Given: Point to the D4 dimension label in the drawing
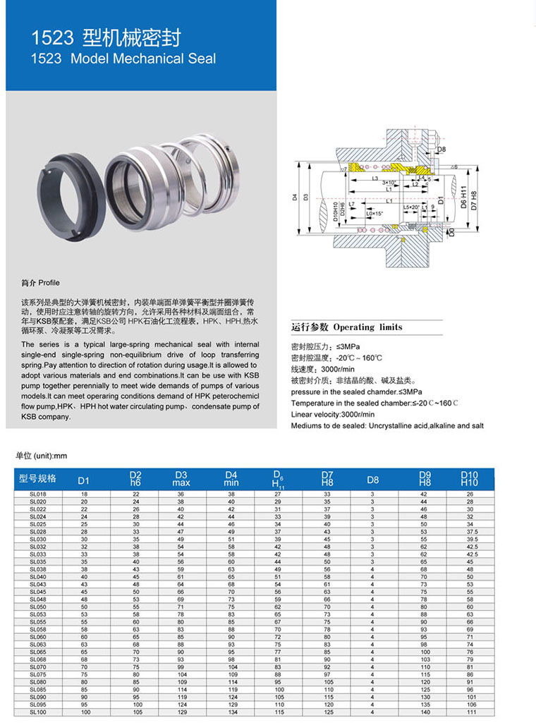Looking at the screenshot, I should pos(296,198).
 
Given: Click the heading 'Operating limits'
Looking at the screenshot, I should pos(367,327).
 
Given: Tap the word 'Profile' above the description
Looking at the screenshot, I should pos(49,282).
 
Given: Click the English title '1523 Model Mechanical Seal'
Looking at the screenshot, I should pos(124,59).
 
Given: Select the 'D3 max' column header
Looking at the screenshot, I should pos(181,479).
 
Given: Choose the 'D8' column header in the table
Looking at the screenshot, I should pos(373,480).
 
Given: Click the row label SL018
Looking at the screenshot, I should pos(38,494).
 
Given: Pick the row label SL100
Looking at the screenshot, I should pos(38,712).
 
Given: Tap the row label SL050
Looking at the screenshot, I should pos(38,606).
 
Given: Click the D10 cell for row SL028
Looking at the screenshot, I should pos(469,531).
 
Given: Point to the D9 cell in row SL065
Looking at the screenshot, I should pos(424,652).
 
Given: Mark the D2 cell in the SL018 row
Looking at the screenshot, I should pos(136,494).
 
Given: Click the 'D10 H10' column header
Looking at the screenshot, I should pos(469,479).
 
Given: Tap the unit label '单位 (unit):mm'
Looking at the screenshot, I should pos(41,456).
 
